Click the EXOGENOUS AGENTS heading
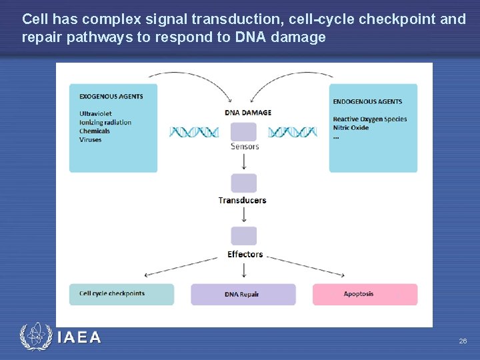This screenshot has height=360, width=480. click(x=111, y=96)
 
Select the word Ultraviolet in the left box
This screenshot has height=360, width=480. click(x=95, y=113)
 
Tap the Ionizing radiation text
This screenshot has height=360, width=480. click(x=105, y=122)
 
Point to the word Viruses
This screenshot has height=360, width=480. click(x=90, y=139)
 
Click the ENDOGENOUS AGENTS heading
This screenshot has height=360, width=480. click(x=367, y=101)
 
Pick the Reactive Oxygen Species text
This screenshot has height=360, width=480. click(x=369, y=119)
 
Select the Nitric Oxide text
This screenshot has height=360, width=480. click(x=351, y=127)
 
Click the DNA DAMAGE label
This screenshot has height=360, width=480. click(x=248, y=112)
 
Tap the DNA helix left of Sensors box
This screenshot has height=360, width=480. click(x=194, y=132)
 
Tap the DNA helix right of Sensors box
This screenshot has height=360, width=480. click(x=292, y=132)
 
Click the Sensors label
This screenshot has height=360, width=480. click(x=245, y=147)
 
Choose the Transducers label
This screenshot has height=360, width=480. click(x=242, y=200)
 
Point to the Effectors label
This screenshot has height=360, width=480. click(x=245, y=254)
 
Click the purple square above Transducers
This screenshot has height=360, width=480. click(x=243, y=183)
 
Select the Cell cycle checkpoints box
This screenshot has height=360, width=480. click(x=121, y=294)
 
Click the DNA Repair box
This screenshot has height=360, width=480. click(x=243, y=294)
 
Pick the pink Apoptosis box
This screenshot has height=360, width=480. click(x=365, y=294)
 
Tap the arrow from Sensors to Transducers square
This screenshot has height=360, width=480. click(x=244, y=161)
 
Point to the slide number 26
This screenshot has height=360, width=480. click(x=463, y=341)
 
